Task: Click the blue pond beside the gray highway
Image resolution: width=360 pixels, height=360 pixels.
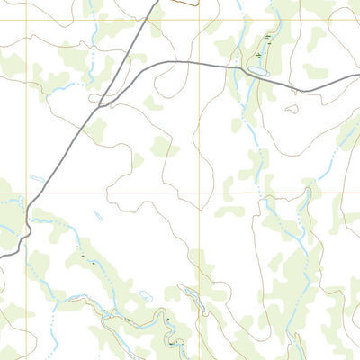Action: click(258, 70)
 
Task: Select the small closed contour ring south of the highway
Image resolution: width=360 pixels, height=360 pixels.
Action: click(292, 109)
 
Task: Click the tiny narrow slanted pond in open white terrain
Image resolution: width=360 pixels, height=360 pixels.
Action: click(97, 215)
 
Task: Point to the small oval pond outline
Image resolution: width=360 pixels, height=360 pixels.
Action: click(146, 294)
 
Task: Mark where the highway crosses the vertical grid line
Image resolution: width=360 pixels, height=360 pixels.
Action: click(200, 62)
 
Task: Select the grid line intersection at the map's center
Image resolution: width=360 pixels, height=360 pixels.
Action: click(200, 192)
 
